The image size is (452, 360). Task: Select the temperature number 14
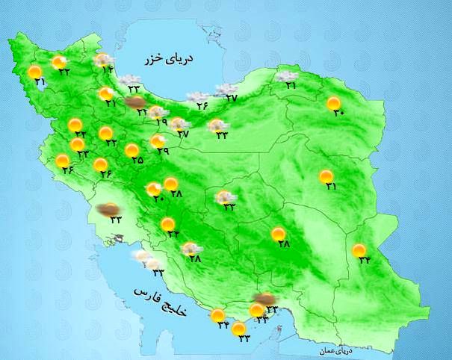click(x=108, y=69)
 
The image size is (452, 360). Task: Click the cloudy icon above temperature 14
click(x=105, y=60)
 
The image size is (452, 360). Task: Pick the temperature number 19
click(x=161, y=121)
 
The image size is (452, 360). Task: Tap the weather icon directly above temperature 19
click(x=157, y=112)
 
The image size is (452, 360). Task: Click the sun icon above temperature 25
click(x=132, y=149)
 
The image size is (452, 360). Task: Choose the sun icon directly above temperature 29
click(x=158, y=140)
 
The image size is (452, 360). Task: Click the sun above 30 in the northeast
click(x=334, y=104)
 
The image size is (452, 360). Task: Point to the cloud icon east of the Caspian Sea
click(x=285, y=75)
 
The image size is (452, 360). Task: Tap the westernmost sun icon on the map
click(x=34, y=72)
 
